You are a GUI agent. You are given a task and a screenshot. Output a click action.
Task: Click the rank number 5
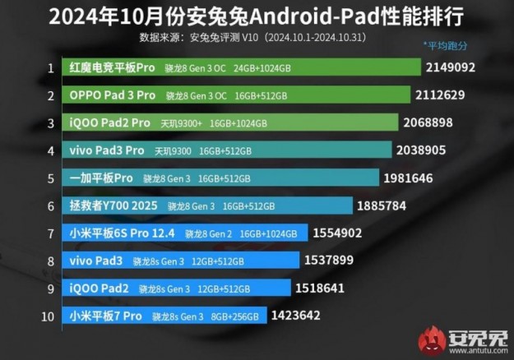coord(50,178)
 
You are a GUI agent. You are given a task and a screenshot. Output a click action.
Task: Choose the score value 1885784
coord(382,205)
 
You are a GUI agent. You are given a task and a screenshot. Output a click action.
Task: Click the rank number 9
coord(50,288)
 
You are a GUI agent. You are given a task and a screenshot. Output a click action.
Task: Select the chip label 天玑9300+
coord(180,124)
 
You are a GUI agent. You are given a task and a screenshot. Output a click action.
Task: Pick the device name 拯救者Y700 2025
coord(114,205)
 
